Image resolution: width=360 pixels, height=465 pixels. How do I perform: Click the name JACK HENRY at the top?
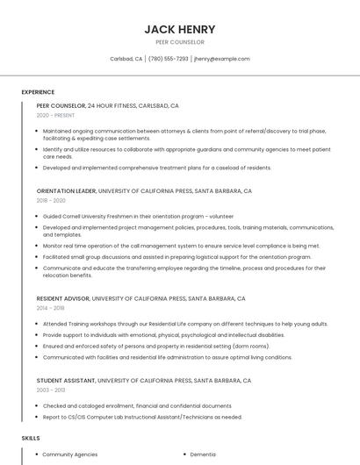tap(179, 29)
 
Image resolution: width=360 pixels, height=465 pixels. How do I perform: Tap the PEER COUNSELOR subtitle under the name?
tap(179, 42)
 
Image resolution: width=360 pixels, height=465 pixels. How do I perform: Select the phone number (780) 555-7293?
tap(169, 59)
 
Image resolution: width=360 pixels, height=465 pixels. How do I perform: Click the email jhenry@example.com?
tap(222, 59)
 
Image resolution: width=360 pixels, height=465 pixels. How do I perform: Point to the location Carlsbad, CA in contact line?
tap(126, 59)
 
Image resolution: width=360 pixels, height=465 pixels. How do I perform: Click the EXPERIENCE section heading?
tap(38, 92)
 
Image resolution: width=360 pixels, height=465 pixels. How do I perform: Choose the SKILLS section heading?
tap(31, 437)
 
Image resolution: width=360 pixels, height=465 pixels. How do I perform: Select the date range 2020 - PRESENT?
tap(55, 116)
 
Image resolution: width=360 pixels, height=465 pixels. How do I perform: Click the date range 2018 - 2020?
tap(51, 201)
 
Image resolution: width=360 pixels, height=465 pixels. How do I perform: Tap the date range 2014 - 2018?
tap(51, 309)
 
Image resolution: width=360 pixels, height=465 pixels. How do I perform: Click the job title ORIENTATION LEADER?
tap(66, 190)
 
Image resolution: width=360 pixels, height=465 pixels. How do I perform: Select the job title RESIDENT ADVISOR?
tap(62, 298)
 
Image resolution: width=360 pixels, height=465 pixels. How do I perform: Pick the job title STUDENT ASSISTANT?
tap(66, 381)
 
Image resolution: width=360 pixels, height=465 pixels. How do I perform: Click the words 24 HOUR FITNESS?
tap(112, 105)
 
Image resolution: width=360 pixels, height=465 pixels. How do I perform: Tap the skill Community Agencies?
tap(70, 454)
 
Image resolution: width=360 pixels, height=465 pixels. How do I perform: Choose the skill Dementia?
tap(203, 454)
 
